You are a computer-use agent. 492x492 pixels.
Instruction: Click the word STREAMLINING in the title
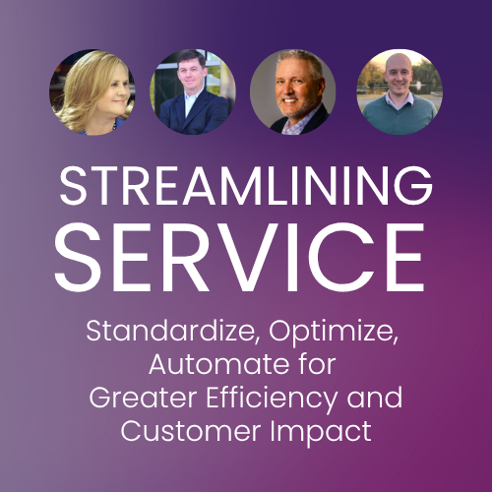pos(245,186)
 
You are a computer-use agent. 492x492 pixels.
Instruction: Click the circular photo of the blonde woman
pos(92,92)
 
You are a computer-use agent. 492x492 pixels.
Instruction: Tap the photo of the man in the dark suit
pos(192,92)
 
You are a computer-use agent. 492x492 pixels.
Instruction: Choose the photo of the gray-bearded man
pos(293,92)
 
